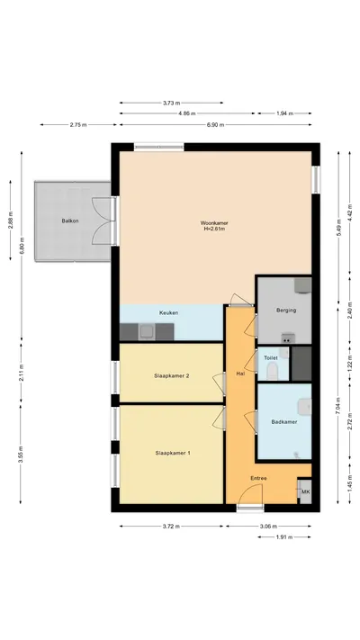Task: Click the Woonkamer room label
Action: coord(214,223)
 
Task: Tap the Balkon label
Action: coord(70,221)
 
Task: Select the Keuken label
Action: coord(168,313)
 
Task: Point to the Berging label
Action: coord(286,311)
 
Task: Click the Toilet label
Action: coord(271,358)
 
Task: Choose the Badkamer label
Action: coord(284,422)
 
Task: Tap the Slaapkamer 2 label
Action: coord(171,376)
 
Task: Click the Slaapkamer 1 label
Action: coord(173,453)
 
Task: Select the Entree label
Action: coord(259,478)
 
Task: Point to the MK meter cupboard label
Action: coord(305,491)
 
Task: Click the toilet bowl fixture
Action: coord(272,371)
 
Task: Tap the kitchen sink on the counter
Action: coord(146,332)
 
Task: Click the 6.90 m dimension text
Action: coord(215,125)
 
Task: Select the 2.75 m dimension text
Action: coord(78,125)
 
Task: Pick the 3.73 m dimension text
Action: coord(171,103)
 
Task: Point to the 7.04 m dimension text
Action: coord(338,406)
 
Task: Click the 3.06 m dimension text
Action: coord(268,527)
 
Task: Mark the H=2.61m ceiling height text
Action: coord(214,229)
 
